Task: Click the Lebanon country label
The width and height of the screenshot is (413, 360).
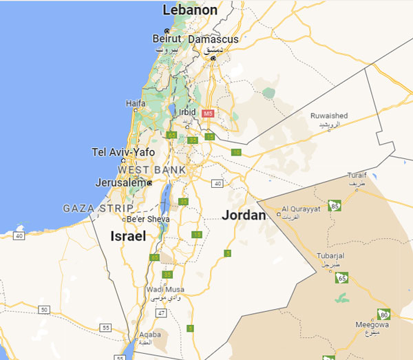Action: click(x=190, y=10)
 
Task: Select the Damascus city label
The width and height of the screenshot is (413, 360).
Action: click(x=213, y=39)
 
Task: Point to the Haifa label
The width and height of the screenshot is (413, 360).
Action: click(x=136, y=103)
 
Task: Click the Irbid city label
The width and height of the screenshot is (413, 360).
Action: click(x=187, y=112)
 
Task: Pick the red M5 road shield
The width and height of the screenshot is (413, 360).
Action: click(x=207, y=113)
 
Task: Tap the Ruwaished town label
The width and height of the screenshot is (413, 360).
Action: click(x=329, y=116)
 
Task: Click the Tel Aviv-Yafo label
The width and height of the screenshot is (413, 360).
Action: click(x=124, y=152)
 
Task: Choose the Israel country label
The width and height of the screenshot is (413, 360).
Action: click(x=129, y=236)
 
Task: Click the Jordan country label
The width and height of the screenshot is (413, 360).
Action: click(x=244, y=215)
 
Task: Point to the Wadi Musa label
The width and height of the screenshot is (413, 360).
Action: click(x=162, y=290)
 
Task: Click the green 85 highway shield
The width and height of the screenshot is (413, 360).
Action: click(x=335, y=205)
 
